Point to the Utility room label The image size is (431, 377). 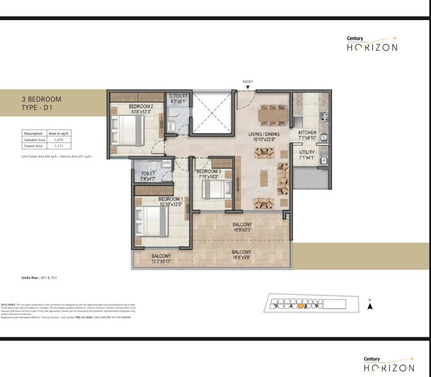click(x=307, y=154)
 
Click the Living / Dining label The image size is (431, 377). click(x=264, y=136)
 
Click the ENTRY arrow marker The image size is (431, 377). click(x=248, y=87)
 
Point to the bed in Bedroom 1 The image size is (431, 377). click(x=150, y=222)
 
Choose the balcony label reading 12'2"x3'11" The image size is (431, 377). click(x=161, y=258)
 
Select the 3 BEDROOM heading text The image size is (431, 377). click(x=40, y=99)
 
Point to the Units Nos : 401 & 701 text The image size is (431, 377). click(x=39, y=278)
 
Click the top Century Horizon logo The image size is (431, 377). click(x=371, y=44)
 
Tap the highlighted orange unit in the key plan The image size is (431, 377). click(x=301, y=307)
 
